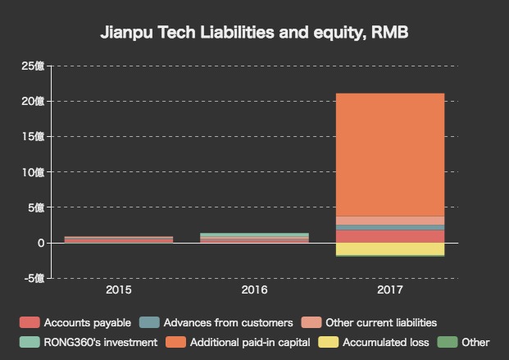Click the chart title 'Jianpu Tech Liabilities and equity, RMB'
[x=254, y=34]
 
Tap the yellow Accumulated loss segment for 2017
[x=390, y=248]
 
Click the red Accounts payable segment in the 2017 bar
[x=390, y=236]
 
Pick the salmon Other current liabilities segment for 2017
[x=390, y=220]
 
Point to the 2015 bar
[x=119, y=239]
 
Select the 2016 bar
[x=254, y=238]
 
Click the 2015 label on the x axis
[x=119, y=290]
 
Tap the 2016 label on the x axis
[x=254, y=290]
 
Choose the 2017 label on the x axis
[x=390, y=290]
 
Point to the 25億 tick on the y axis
[x=33, y=66]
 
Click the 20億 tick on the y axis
[x=33, y=101]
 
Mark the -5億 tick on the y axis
[x=33, y=279]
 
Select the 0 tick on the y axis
[x=39, y=244]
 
